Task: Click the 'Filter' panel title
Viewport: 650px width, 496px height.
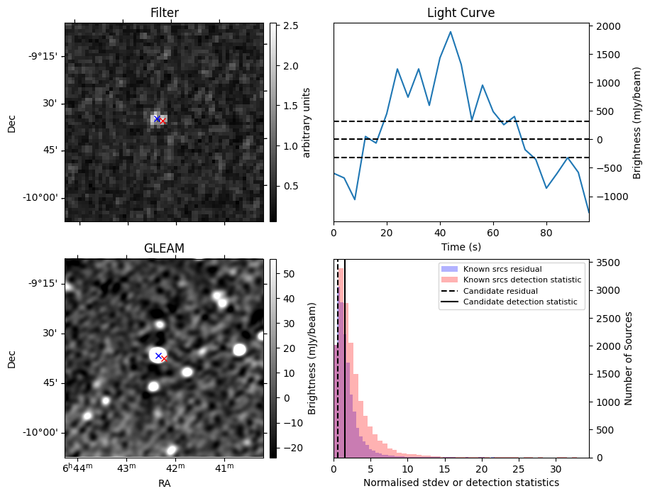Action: [164, 13]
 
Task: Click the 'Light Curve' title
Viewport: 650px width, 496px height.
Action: [461, 13]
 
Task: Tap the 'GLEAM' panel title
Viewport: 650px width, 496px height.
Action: [164, 248]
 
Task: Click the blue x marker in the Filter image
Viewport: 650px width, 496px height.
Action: [157, 119]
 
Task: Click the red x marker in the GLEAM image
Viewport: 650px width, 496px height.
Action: [164, 359]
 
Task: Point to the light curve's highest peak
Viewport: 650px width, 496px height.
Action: [451, 32]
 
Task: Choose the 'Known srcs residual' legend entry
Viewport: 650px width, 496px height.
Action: [502, 270]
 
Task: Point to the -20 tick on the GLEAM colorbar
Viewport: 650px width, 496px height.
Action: [290, 448]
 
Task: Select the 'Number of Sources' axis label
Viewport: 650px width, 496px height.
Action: [628, 358]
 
